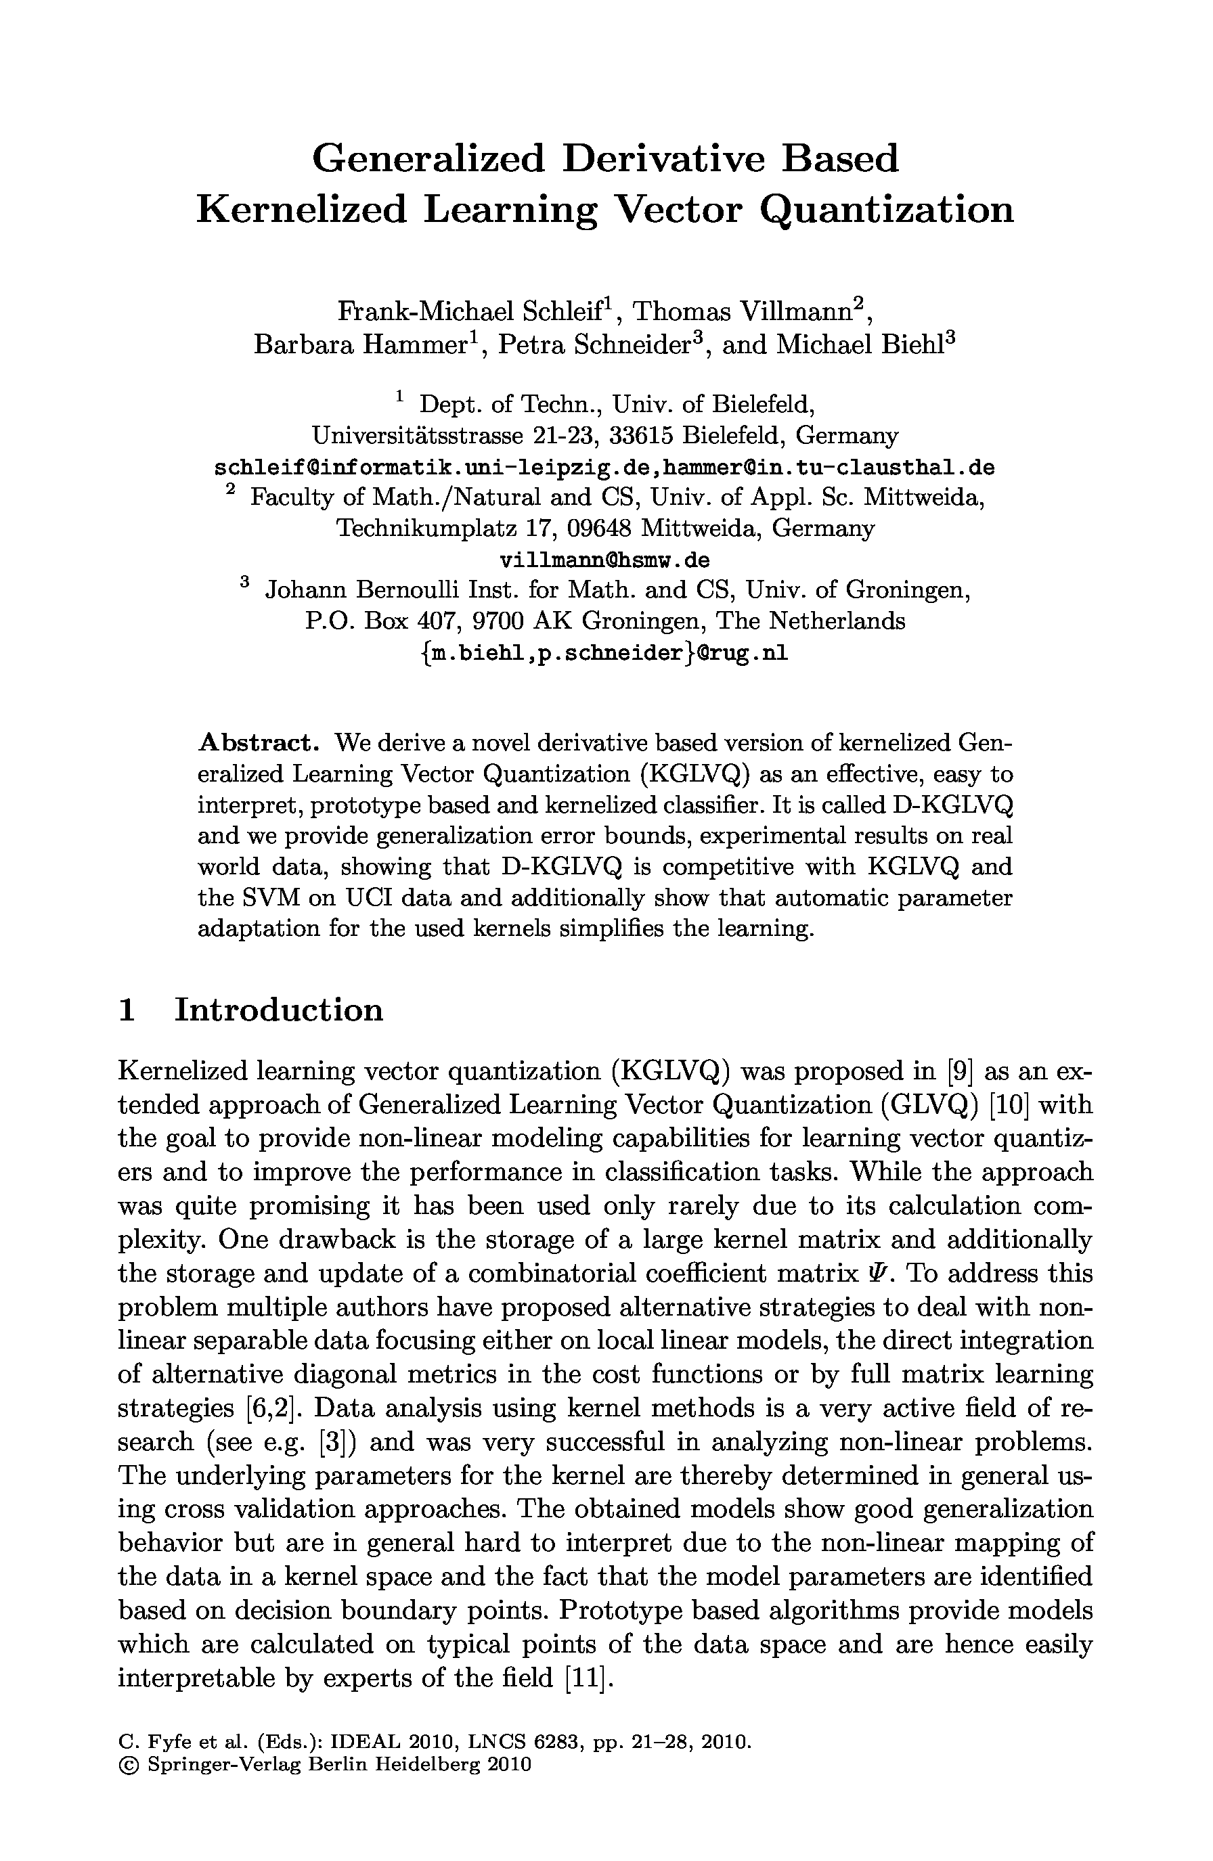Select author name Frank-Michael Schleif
(472, 312)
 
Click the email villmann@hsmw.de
(604, 560)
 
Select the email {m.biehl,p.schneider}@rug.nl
(604, 653)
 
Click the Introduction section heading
(278, 1010)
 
